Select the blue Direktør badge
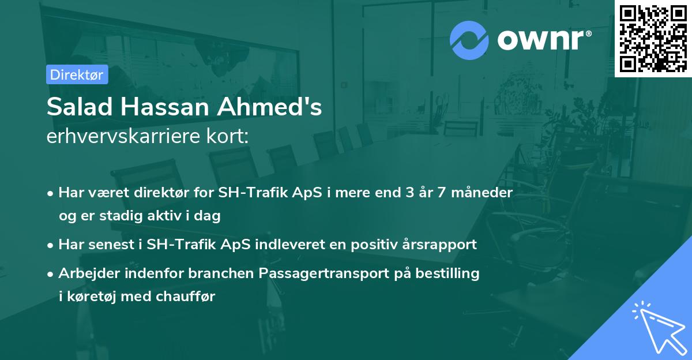tap(77, 74)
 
